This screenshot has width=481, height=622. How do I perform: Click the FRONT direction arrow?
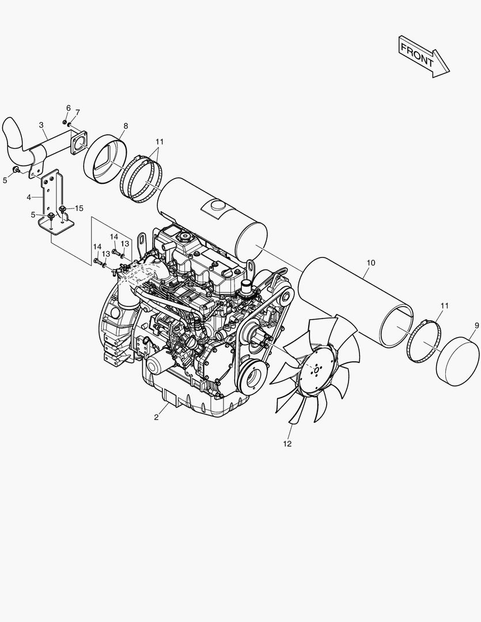click(x=423, y=56)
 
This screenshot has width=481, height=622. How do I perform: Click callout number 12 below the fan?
click(x=287, y=443)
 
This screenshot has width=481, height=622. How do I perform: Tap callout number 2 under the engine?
click(x=156, y=417)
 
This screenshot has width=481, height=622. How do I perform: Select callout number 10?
click(x=370, y=263)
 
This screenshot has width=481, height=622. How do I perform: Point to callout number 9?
click(x=476, y=325)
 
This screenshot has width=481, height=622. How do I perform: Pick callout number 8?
click(x=126, y=126)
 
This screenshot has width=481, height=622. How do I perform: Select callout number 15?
click(x=79, y=208)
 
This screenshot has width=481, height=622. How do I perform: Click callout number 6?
click(x=68, y=108)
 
